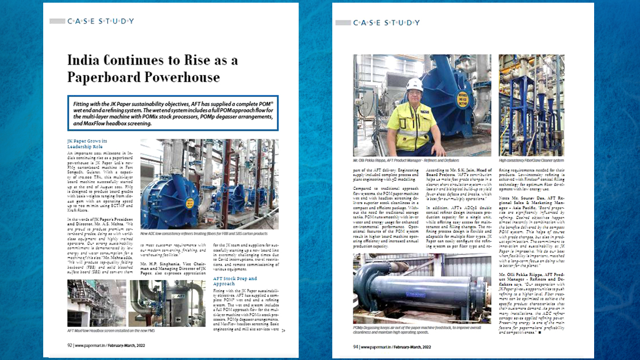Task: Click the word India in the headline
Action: pyautogui.click(x=87, y=60)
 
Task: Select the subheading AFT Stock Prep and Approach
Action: pyautogui.click(x=235, y=281)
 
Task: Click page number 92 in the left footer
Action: pyautogui.click(x=69, y=345)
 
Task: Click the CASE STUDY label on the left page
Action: pyautogui.click(x=100, y=21)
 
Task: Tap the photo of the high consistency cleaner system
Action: pyautogui.click(x=531, y=105)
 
